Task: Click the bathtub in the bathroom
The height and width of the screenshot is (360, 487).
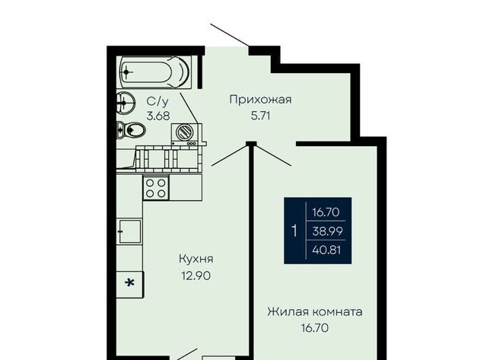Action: [x=155, y=73]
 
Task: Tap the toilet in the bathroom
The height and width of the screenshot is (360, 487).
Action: [x=131, y=130]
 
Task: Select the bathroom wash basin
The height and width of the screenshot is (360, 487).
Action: [x=126, y=103]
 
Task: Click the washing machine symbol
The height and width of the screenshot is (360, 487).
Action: [x=184, y=134]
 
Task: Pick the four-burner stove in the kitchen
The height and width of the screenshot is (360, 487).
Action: [x=156, y=187]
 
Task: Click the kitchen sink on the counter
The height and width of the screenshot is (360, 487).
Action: [x=129, y=231]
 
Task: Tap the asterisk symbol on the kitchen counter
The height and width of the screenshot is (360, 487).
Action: [x=130, y=283]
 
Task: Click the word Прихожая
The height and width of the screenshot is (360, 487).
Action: [x=260, y=100]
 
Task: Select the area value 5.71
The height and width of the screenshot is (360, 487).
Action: [x=260, y=116]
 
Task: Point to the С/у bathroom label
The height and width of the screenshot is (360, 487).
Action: [x=158, y=101]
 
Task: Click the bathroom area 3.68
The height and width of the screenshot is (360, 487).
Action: [x=158, y=116]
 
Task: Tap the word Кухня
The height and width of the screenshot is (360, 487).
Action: [x=196, y=259]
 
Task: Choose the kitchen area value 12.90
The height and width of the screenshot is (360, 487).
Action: [x=196, y=276]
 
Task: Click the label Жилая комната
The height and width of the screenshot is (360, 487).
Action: [x=314, y=311]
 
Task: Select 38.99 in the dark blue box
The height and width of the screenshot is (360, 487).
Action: [x=327, y=231]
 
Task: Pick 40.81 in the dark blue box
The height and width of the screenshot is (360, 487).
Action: [x=326, y=250]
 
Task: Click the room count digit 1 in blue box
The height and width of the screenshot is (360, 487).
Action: [x=294, y=231]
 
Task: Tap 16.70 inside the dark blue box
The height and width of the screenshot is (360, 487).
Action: [x=326, y=212]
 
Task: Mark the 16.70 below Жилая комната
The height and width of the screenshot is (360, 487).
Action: [x=314, y=328]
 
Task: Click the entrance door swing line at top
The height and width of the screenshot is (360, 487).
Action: [x=230, y=35]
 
